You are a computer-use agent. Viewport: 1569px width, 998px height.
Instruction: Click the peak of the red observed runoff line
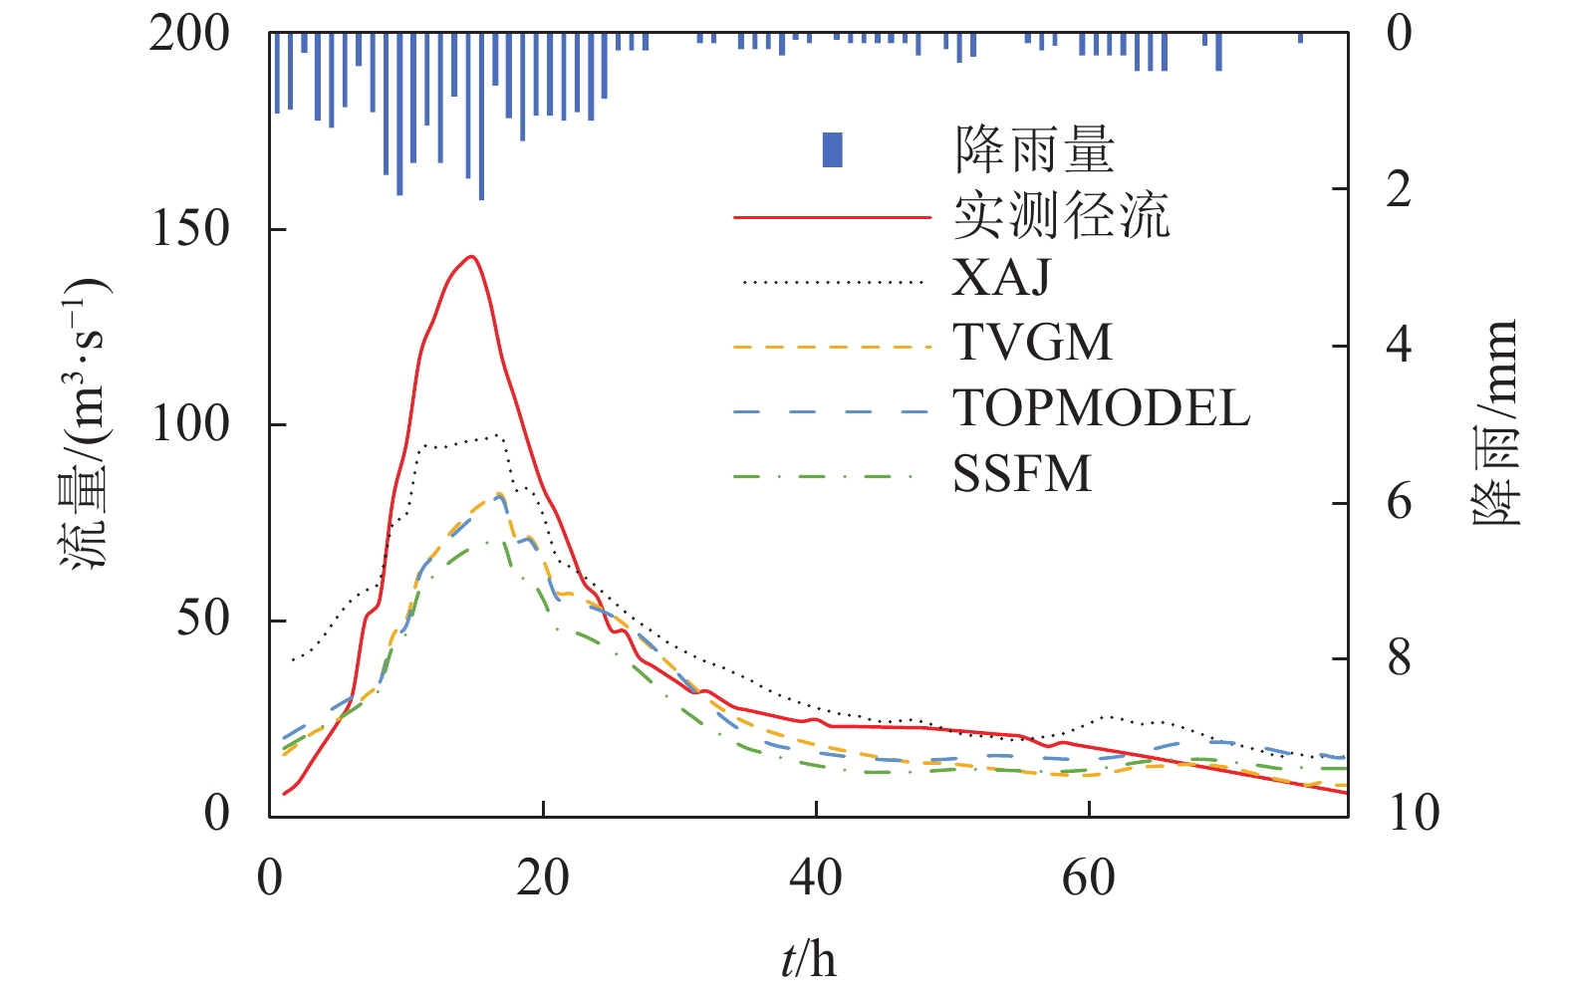tap(471, 257)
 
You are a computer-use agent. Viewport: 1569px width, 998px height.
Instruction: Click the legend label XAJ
tap(1001, 278)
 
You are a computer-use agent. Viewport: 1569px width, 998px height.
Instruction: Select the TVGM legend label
tap(1032, 343)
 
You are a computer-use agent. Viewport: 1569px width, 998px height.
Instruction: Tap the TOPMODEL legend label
tap(1101, 408)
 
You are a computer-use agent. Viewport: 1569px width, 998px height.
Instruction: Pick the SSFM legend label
tap(1022, 474)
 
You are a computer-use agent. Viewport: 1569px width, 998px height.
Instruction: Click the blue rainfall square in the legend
tap(832, 149)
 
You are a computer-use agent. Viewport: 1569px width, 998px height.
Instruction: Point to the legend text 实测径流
tap(1061, 214)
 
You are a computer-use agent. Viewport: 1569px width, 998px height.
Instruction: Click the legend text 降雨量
tap(1034, 149)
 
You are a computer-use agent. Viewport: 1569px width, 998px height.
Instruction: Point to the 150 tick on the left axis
tap(189, 229)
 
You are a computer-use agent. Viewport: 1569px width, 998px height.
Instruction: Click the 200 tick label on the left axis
tap(189, 35)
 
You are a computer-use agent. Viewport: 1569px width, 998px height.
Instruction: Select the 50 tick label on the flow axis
tap(203, 619)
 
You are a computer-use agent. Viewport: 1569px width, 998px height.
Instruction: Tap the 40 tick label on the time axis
tap(816, 878)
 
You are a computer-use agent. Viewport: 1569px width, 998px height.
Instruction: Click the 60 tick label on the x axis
tap(1088, 878)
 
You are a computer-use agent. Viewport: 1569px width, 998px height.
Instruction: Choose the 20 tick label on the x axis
tap(543, 878)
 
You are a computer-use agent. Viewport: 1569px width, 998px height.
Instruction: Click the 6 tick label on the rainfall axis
tap(1399, 502)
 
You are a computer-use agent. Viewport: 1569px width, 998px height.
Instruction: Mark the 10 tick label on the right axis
tap(1413, 814)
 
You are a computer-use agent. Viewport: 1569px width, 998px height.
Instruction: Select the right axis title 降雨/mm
tap(1494, 423)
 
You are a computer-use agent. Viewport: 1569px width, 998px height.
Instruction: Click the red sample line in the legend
tap(832, 216)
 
